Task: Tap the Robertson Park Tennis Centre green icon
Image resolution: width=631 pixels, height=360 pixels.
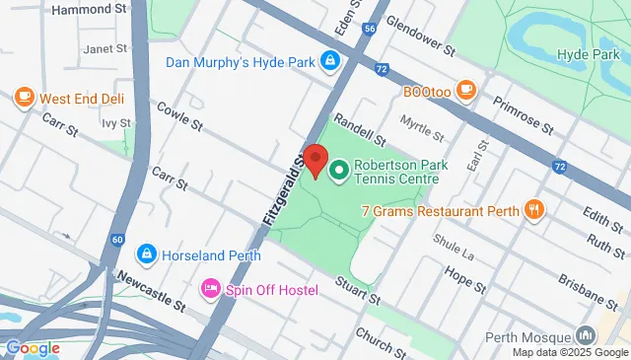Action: point(339,172)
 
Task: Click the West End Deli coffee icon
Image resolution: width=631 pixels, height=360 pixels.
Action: point(25,98)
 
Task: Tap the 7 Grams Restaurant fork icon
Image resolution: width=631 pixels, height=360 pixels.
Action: point(533,208)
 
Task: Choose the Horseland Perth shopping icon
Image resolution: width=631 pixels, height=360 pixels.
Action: point(147,254)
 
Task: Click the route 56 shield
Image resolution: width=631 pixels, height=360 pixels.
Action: point(369,31)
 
